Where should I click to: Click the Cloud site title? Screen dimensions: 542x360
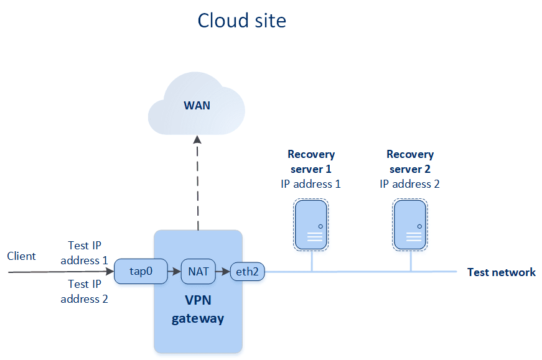coord(241,21)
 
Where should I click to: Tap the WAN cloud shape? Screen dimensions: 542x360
coord(197,104)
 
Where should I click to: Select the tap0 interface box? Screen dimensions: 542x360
coord(141,271)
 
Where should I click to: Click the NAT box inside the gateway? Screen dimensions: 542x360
coord(199,272)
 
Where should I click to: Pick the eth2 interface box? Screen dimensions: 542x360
coord(248,272)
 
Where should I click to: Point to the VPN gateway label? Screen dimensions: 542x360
coord(198,309)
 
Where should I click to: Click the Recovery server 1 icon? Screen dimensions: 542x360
coord(311,224)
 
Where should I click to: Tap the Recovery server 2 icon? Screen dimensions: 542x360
coord(410,224)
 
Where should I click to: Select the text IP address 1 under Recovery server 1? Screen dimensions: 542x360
coord(311,184)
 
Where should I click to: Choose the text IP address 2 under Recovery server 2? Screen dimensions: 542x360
coord(409,184)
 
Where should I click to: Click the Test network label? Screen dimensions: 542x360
coord(501,272)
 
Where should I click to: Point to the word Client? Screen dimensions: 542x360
coord(21,256)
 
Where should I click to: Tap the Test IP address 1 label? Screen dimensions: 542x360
coord(85,253)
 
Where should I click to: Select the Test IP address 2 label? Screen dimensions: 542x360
coord(85,291)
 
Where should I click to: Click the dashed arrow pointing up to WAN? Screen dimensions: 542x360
coord(198,183)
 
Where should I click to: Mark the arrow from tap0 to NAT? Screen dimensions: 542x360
coord(174,272)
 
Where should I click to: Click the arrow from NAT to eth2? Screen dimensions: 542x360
coord(223,272)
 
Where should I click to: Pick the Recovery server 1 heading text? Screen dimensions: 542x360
coord(311,161)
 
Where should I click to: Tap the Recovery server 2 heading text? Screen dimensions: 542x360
coord(410,161)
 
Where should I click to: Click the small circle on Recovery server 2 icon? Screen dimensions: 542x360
coord(419,227)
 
